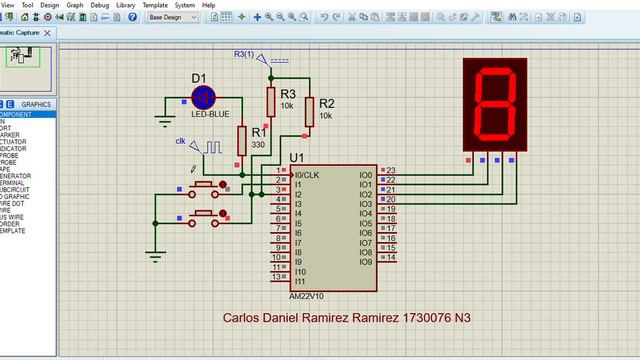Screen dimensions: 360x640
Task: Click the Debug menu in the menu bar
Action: [100, 5]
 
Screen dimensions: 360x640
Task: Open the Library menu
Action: [126, 5]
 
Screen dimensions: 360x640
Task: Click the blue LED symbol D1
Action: [204, 97]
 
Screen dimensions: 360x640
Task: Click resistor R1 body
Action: [241, 140]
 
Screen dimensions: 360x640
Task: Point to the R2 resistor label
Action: [327, 103]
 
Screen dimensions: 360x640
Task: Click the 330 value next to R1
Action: [258, 145]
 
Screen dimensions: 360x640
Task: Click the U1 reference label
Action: [296, 158]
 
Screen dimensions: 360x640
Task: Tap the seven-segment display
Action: [495, 104]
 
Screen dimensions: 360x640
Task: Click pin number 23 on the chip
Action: [390, 171]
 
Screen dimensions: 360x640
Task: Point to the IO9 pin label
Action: [366, 261]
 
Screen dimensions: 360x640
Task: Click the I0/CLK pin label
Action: [305, 175]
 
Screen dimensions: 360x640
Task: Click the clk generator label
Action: [181, 141]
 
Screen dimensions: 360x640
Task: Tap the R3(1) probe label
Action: [243, 53]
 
